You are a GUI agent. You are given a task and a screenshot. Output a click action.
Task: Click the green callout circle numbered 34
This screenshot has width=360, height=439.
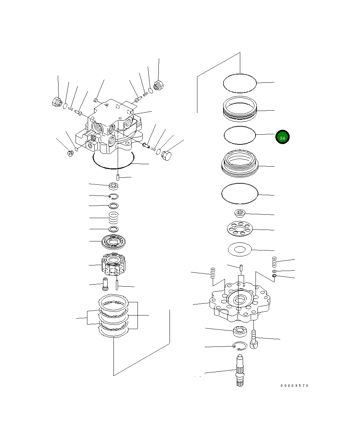pyautogui.click(x=282, y=137)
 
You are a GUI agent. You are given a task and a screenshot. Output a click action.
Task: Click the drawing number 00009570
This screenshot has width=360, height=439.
pyautogui.click(x=295, y=385)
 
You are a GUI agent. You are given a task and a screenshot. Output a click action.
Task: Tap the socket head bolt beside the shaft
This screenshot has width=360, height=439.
pyautogui.click(x=254, y=340)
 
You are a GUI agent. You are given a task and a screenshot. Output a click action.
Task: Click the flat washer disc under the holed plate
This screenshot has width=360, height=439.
pyautogui.click(x=240, y=249)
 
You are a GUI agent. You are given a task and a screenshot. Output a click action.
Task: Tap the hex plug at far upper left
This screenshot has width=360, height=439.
pyautogui.click(x=56, y=102)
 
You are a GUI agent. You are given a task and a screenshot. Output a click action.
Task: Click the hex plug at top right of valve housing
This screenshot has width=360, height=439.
pyautogui.click(x=158, y=85)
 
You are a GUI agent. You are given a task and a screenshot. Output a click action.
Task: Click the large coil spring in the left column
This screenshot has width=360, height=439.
pyautogui.click(x=114, y=218)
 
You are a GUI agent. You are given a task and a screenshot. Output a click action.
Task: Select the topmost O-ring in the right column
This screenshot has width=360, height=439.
pyautogui.click(x=240, y=83)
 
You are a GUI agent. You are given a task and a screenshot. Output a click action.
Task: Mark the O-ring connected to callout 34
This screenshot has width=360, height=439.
pyautogui.click(x=240, y=135)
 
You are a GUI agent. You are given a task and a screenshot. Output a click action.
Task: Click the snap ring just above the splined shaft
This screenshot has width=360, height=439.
pyautogui.click(x=240, y=346)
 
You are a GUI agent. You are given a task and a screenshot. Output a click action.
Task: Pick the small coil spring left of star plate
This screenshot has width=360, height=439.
pyautogui.click(x=213, y=273)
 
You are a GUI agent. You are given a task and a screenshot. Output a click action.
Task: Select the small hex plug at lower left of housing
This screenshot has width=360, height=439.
pyautogui.click(x=70, y=153)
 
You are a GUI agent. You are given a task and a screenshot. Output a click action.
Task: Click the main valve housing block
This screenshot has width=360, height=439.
pyautogui.click(x=111, y=129)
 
